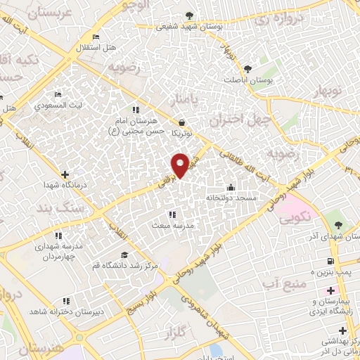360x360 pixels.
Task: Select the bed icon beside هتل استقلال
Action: tap(96, 37)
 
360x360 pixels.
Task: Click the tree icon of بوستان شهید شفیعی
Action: tap(188, 15)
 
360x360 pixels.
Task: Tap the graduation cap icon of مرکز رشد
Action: tap(124, 255)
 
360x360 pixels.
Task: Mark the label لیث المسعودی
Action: tap(60, 105)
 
